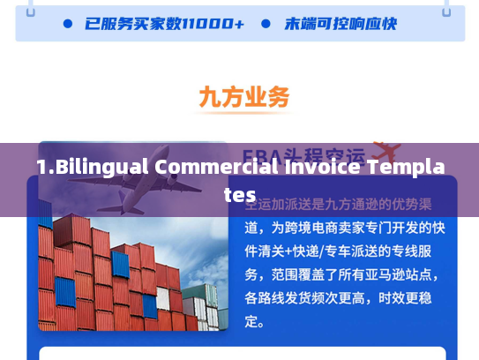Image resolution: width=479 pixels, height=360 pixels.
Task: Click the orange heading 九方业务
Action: tap(244, 98)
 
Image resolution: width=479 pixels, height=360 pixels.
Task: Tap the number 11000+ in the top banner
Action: tap(214, 25)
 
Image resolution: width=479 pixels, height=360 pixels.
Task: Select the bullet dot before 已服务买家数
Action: tap(68, 25)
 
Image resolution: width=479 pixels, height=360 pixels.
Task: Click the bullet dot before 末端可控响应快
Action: tap(266, 25)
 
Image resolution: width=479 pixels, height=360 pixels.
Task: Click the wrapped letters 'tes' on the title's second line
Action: tap(239, 195)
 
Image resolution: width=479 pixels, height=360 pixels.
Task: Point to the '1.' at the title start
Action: tap(44, 167)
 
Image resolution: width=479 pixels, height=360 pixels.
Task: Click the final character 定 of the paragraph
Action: tap(253, 321)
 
